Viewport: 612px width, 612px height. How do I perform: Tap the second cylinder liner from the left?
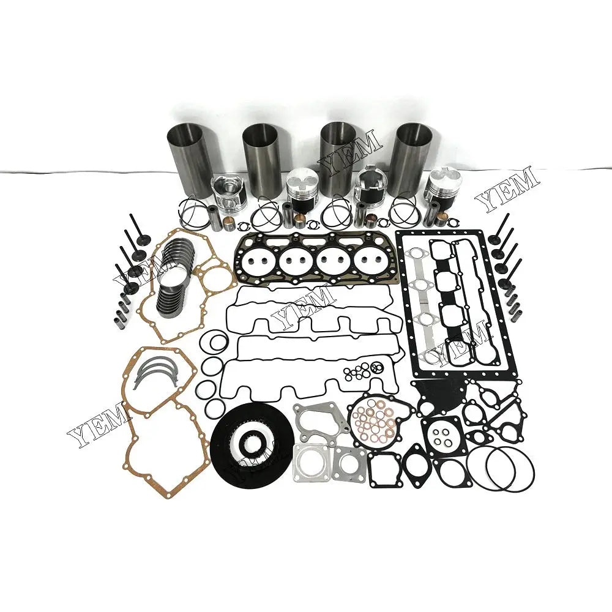tap(262, 156)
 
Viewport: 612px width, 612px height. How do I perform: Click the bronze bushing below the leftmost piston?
tap(229, 219)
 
